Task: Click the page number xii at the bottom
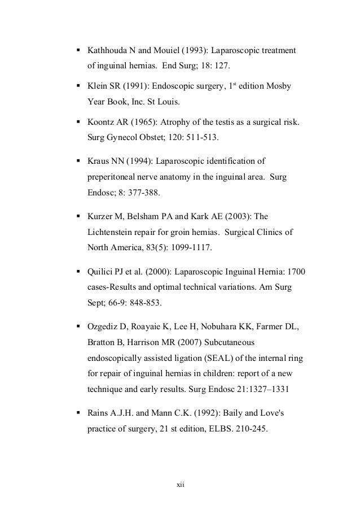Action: coord(181,485)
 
